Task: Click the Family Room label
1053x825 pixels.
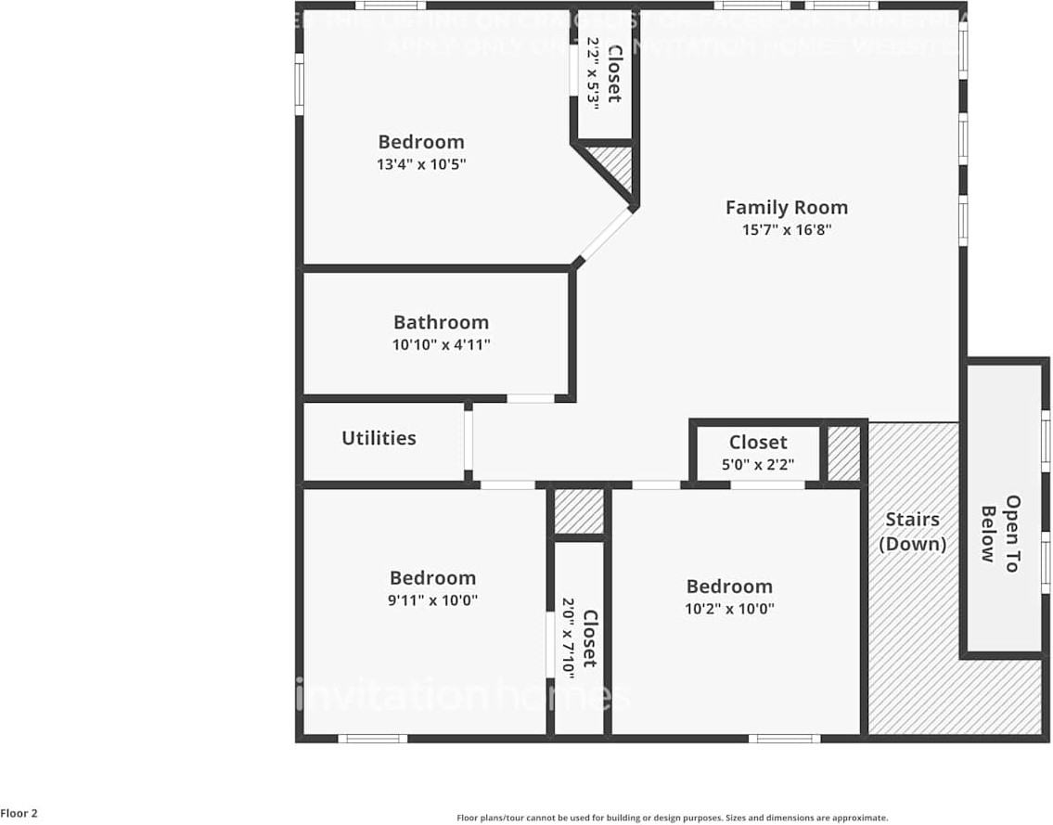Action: coord(786,208)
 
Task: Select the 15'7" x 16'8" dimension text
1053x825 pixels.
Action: coord(786,230)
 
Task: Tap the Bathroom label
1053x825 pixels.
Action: coord(441,323)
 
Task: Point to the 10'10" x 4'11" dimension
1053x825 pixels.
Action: coord(441,345)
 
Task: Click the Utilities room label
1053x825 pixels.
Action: coord(379,438)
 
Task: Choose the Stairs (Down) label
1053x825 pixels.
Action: coord(912,532)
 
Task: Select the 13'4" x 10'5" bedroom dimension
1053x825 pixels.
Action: coord(420,165)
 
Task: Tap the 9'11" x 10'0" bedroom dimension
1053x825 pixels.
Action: coord(432,600)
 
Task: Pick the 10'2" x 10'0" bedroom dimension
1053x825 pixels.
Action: coord(729,610)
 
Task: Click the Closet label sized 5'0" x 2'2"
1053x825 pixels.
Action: coord(758,443)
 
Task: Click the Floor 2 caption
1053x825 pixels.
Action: coord(19,814)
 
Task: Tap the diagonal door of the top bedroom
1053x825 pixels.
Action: coord(605,236)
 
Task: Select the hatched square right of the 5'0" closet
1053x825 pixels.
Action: coord(843,453)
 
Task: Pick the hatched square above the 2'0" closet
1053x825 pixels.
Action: coord(578,511)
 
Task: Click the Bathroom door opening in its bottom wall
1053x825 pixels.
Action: coord(531,399)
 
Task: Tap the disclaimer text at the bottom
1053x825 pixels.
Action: coord(672,818)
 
